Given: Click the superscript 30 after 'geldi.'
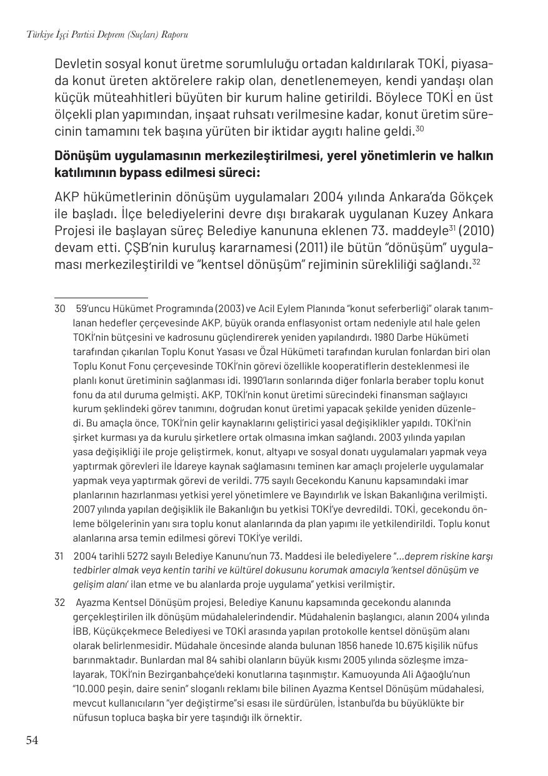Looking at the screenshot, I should pyautogui.click(x=420, y=128).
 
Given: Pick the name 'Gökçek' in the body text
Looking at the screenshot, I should pyautogui.click(x=469, y=197).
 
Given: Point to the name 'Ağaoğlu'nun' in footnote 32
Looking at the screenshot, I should pyautogui.click(x=443, y=675).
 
